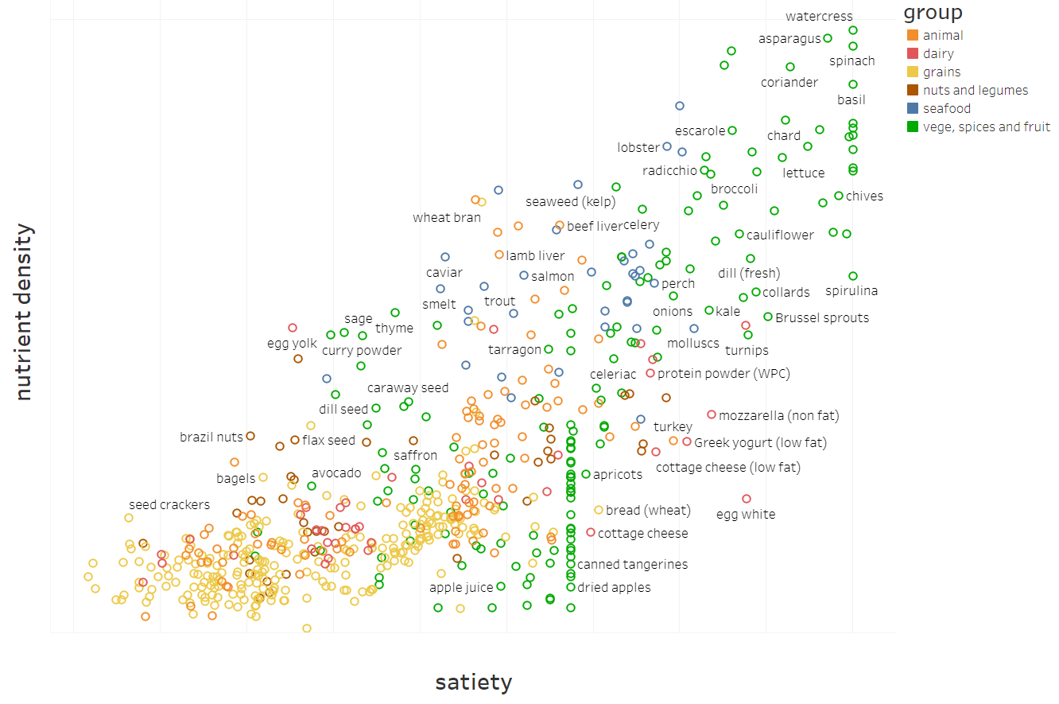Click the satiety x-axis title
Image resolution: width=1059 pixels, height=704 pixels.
coord(473,683)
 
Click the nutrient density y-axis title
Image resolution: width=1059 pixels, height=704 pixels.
coord(24,312)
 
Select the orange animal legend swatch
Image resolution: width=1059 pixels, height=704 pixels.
coord(913,36)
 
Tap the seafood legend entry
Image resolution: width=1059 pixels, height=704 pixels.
coord(947,109)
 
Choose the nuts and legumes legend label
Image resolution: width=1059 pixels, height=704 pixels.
coord(976,91)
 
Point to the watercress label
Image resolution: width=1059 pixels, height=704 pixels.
coord(819,17)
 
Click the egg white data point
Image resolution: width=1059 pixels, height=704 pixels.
coord(747,499)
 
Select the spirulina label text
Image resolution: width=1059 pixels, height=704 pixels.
coord(851,291)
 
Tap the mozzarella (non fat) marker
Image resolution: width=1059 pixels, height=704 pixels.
coord(712,414)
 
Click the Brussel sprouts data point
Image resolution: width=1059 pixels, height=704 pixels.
coord(768,317)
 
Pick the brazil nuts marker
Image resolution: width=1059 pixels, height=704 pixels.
coord(250,436)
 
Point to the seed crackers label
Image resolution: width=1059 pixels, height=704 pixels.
coord(169,505)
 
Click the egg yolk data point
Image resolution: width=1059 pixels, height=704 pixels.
coord(293,328)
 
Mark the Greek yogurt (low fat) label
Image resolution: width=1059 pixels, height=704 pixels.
coord(760,443)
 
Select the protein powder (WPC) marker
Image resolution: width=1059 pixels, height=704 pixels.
coord(650,373)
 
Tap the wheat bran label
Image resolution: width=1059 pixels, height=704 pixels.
coord(447,218)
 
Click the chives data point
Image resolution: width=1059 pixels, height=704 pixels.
coord(839,196)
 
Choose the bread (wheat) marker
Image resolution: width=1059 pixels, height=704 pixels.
coord(599,510)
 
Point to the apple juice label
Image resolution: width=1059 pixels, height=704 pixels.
coord(461,588)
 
